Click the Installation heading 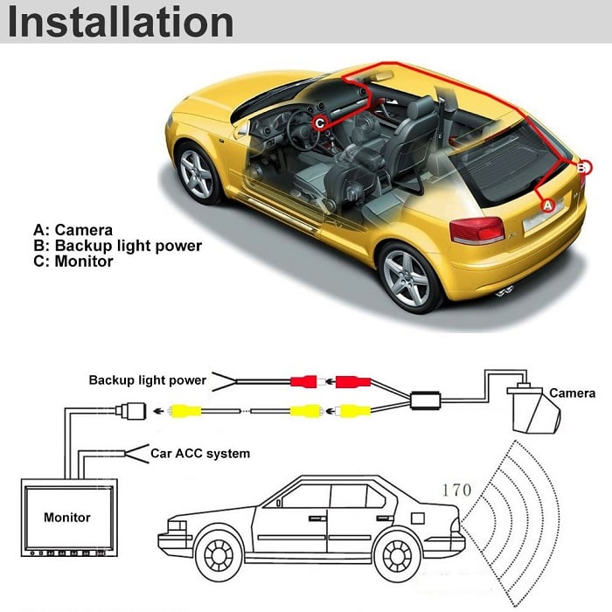[x=121, y=23]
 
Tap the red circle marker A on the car [x=548, y=205]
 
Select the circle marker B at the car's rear [x=583, y=166]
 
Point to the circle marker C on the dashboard [x=319, y=123]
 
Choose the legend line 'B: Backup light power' [x=117, y=246]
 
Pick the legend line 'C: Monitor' [x=73, y=261]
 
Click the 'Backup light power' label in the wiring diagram [x=147, y=380]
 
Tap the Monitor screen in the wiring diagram [x=67, y=517]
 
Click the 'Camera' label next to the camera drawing [x=572, y=393]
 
